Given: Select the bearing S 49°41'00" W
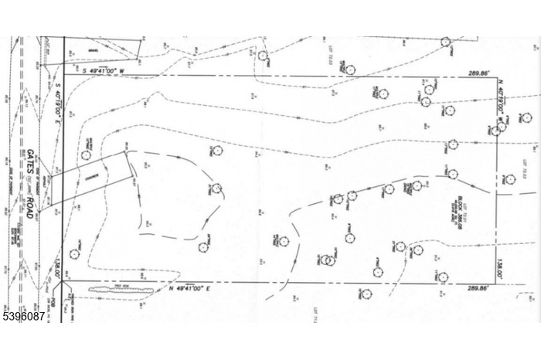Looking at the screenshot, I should coord(90,70).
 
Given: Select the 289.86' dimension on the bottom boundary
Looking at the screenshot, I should coord(478,289).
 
